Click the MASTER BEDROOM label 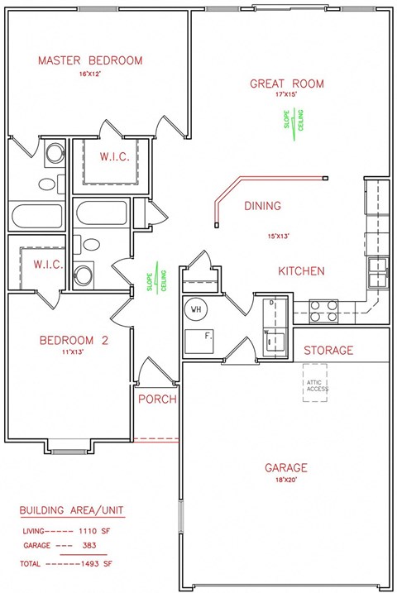89,60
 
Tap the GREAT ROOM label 287,84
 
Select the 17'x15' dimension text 287,96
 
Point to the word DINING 263,206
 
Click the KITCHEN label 300,271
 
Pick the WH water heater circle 197,309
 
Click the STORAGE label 328,351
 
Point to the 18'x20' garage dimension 287,479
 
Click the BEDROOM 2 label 74,339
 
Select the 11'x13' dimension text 73,351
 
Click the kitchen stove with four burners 323,310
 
